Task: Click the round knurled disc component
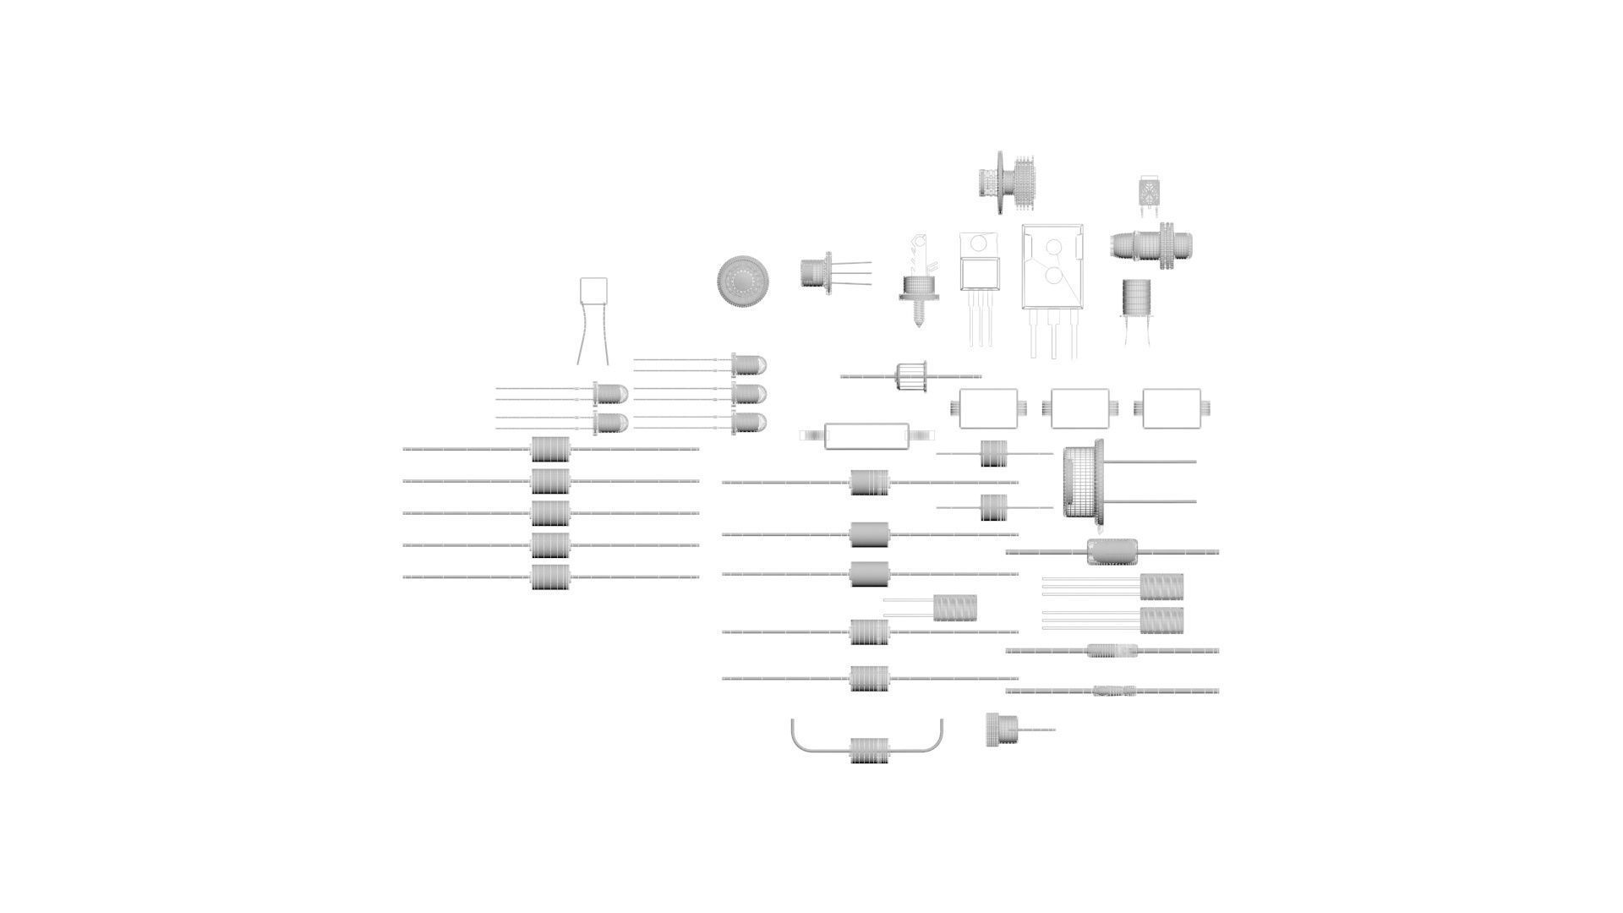pos(744,281)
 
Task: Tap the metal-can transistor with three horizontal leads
pos(817,272)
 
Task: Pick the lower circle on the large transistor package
pos(1053,276)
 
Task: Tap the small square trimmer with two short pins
pos(1148,190)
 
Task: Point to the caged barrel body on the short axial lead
pos(911,376)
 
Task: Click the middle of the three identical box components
pos(1079,408)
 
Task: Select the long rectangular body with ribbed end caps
pos(867,435)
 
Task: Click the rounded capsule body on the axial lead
pos(1112,552)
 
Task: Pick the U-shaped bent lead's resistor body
pos(870,750)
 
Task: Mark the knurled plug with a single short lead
pos(1003,730)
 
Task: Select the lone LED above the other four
pos(748,364)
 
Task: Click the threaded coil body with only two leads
pos(955,607)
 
